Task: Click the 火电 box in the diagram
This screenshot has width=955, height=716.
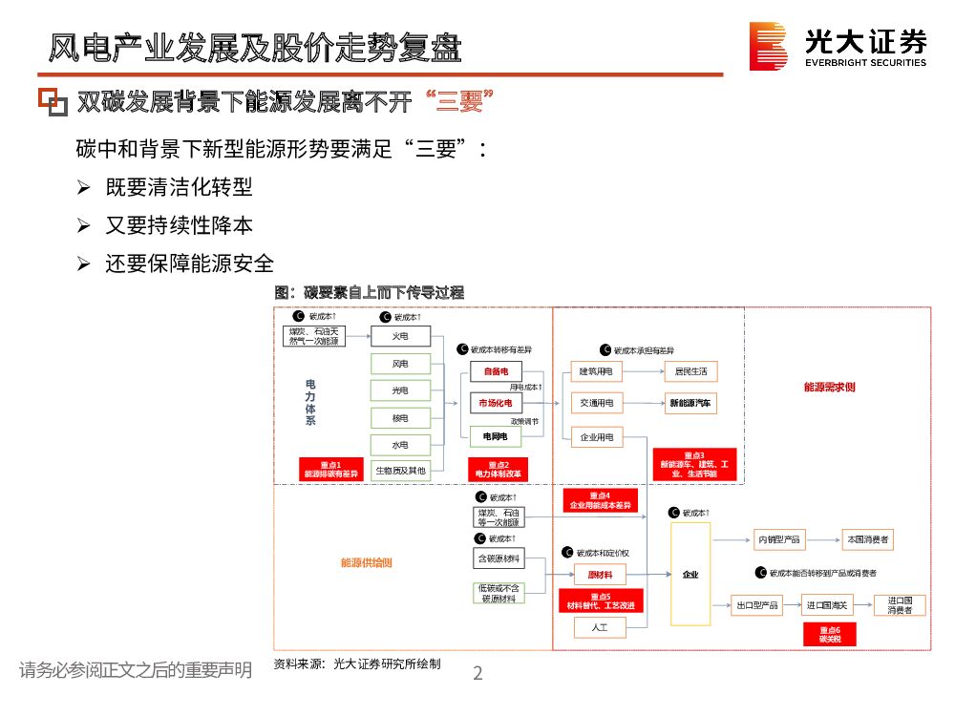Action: (x=401, y=336)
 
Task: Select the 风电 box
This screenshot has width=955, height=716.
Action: (x=401, y=364)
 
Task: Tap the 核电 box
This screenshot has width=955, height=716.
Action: (x=401, y=418)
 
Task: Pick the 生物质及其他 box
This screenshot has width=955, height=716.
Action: (x=401, y=470)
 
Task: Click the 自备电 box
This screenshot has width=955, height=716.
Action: (x=497, y=371)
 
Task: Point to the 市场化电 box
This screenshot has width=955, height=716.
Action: (x=497, y=404)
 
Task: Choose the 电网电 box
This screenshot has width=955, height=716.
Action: (x=497, y=436)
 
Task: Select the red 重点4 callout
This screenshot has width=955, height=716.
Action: (x=599, y=500)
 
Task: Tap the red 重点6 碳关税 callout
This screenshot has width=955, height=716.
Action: (x=829, y=635)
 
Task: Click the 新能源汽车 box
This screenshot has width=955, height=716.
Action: (x=691, y=404)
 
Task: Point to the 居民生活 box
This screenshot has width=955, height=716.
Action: (x=691, y=371)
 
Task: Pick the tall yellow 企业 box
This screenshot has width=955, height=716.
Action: (x=690, y=574)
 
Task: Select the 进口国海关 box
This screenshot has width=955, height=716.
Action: (x=827, y=605)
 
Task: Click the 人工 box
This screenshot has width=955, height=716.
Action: (x=599, y=627)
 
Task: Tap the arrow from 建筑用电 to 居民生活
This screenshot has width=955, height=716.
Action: (x=644, y=371)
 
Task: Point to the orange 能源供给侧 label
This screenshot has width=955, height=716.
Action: (x=366, y=562)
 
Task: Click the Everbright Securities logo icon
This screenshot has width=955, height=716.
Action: (x=768, y=47)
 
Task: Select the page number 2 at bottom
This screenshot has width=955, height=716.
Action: (x=478, y=674)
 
